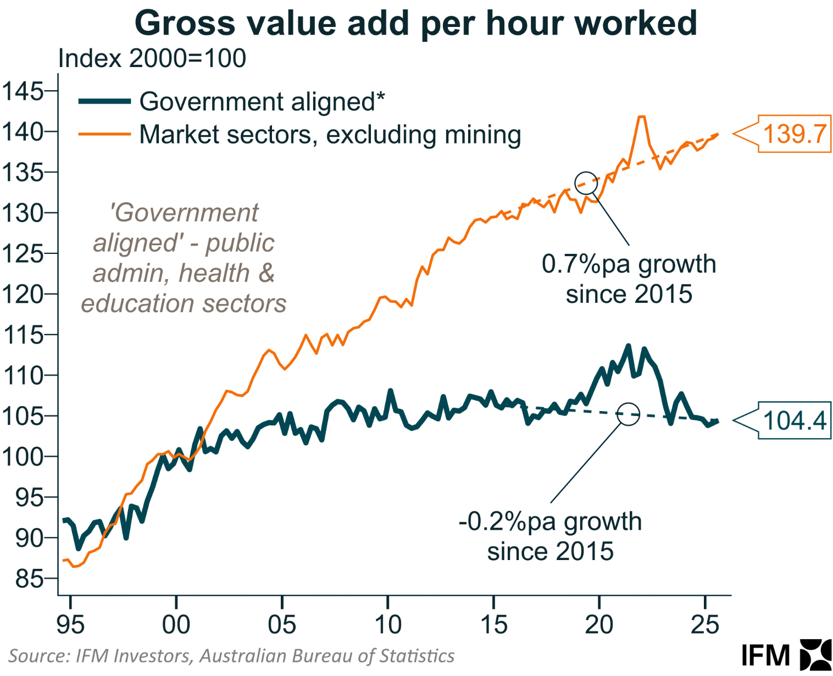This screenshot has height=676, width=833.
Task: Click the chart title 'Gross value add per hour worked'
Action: [x=416, y=23]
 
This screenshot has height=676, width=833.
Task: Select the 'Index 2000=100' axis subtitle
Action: [x=152, y=59]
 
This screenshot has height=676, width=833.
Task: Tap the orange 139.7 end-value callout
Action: [x=794, y=134]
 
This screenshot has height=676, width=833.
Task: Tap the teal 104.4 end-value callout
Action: [x=794, y=421]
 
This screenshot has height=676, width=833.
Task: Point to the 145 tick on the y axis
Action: [x=23, y=91]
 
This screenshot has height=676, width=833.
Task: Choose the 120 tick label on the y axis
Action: [x=23, y=295]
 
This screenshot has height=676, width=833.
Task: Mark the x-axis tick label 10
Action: [x=388, y=625]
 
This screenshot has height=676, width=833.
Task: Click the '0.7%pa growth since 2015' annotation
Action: [x=629, y=279]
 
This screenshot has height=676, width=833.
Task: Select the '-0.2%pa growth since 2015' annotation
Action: [x=550, y=536]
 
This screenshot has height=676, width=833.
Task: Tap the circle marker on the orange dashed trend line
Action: [x=586, y=183]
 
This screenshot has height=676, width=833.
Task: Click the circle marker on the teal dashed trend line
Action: [x=629, y=414]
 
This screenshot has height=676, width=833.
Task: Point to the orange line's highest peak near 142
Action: [x=641, y=117]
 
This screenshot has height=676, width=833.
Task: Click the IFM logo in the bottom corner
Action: [x=786, y=655]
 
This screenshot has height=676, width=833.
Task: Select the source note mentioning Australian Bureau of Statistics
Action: [x=231, y=656]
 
